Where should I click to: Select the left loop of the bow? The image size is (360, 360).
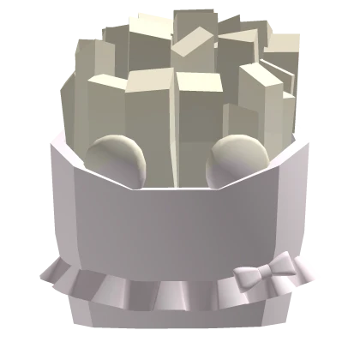click(249, 276)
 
